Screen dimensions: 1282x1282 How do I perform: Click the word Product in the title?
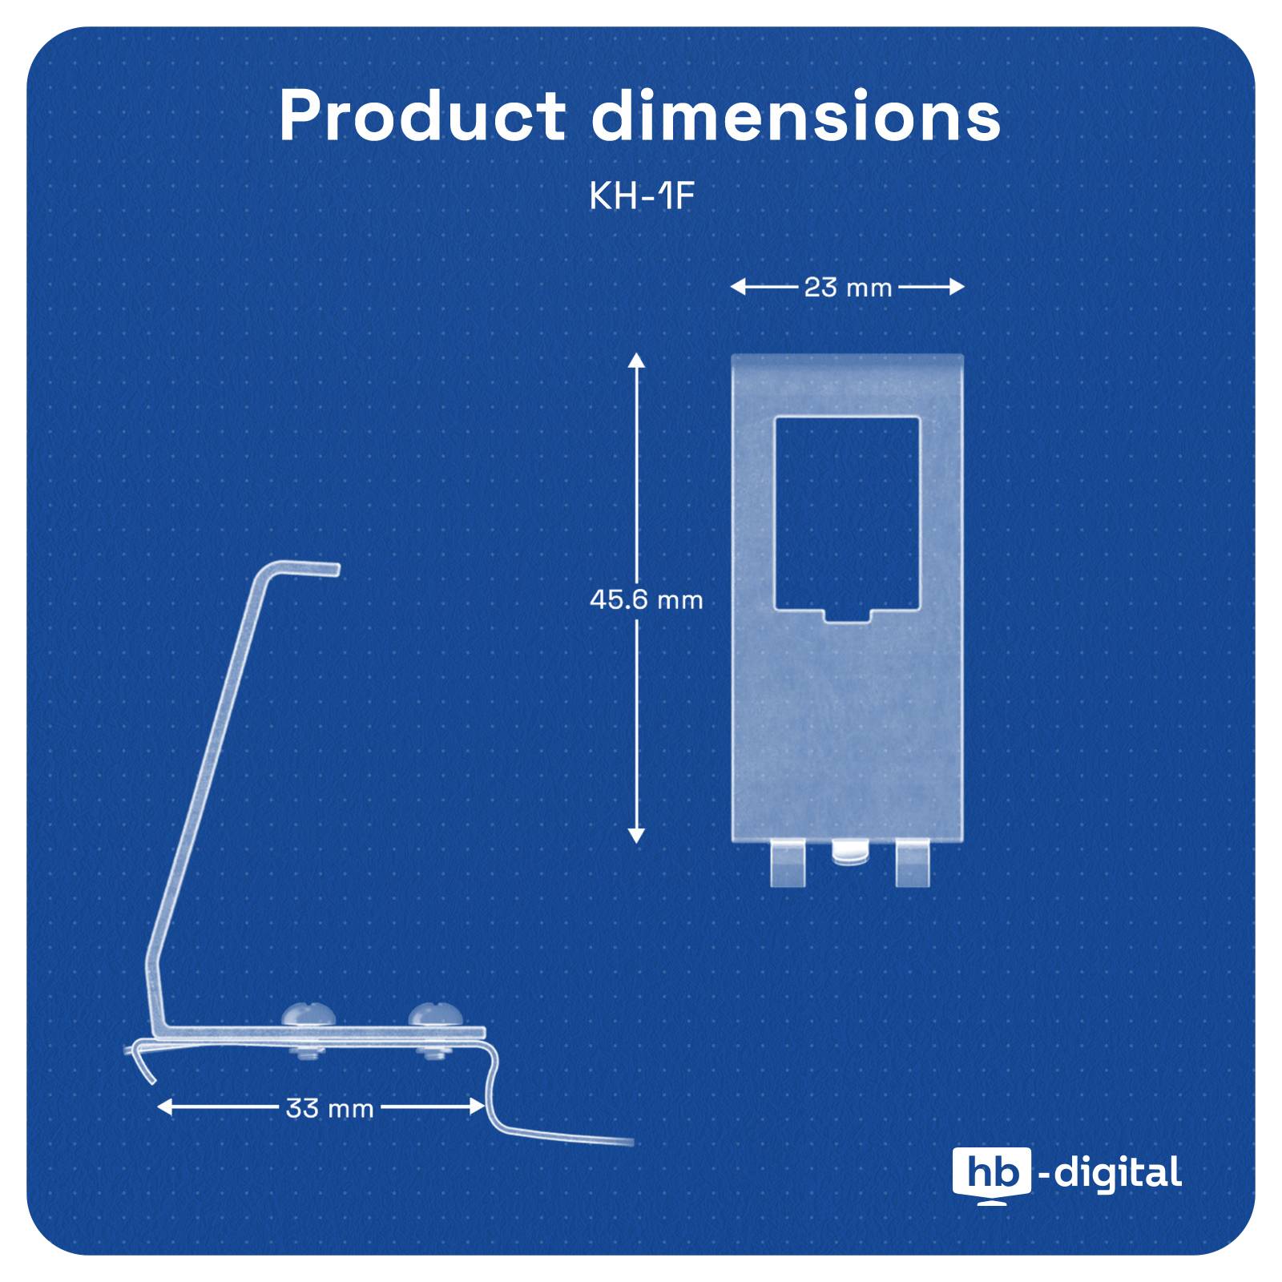coord(422,117)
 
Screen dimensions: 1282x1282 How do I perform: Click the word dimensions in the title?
coord(796,117)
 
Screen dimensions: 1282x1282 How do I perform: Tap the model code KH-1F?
coord(640,196)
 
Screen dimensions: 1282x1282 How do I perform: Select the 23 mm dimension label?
coord(848,287)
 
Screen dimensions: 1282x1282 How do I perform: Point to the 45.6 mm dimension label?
coord(646,599)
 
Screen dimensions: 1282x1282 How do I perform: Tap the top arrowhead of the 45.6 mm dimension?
coord(636,360)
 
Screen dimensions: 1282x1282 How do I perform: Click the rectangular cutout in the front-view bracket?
coord(847,513)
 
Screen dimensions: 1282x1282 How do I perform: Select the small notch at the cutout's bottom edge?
coord(848,615)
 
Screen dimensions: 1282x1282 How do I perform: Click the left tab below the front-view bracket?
coord(787,864)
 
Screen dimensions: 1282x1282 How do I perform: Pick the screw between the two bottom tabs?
coord(849,853)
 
